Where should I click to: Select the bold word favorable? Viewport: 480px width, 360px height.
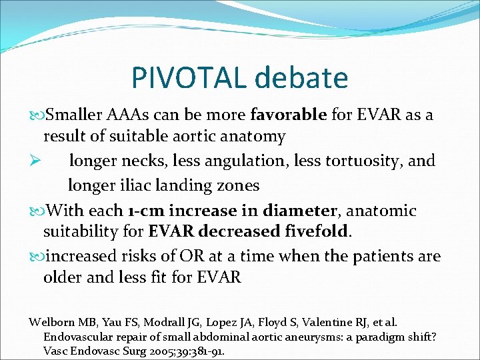(x=288, y=115)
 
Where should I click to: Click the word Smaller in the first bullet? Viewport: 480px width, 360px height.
(x=75, y=115)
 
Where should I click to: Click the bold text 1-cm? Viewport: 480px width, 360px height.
(x=145, y=211)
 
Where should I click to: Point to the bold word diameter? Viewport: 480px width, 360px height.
(x=299, y=211)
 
